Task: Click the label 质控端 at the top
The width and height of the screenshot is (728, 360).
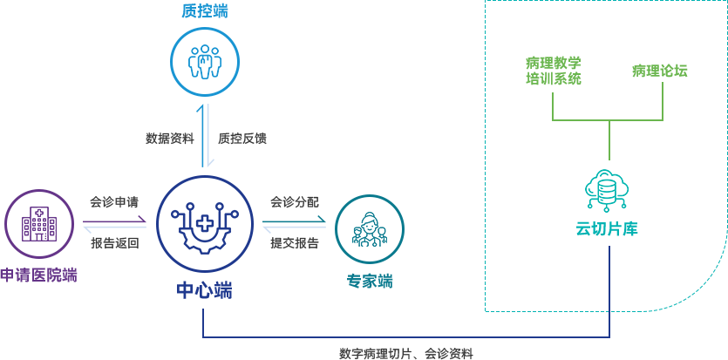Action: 205,10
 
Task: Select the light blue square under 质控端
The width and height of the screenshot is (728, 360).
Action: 204,61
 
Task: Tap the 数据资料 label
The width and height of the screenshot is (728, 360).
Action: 169,138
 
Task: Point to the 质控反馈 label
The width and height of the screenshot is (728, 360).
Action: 242,138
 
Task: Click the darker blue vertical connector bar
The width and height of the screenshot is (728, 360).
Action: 201,134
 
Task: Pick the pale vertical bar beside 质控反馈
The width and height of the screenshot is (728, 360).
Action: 211,134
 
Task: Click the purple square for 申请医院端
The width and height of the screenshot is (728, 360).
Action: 38,223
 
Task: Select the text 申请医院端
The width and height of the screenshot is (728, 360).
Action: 38,275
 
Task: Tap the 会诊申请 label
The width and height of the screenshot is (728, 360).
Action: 114,202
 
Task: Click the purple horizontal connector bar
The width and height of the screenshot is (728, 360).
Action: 114,219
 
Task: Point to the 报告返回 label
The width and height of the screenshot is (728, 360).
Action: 114,243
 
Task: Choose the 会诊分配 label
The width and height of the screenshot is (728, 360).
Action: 294,202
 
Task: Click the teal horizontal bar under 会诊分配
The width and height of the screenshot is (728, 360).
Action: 294,219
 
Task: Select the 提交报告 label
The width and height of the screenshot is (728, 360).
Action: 294,243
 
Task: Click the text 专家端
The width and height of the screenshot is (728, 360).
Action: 370,282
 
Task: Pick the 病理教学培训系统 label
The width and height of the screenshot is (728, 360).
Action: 553,71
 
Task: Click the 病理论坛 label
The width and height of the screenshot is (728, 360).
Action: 659,71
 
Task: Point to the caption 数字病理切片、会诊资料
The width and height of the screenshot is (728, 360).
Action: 406,354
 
